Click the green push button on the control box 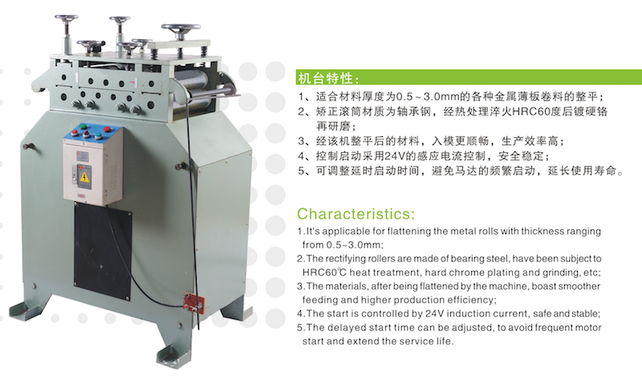pyautogui.click(x=83, y=127)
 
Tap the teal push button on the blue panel pyautogui.click(x=99, y=135)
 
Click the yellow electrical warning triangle pyautogui.click(x=84, y=177)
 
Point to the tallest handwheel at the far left pyautogui.click(x=67, y=18)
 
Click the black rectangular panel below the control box pyautogui.click(x=103, y=251)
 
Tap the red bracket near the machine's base pyautogui.click(x=193, y=302)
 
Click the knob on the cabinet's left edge pyautogui.click(x=29, y=146)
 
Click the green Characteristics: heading pyautogui.click(x=356, y=214)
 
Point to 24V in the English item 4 pyautogui.click(x=434, y=313)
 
